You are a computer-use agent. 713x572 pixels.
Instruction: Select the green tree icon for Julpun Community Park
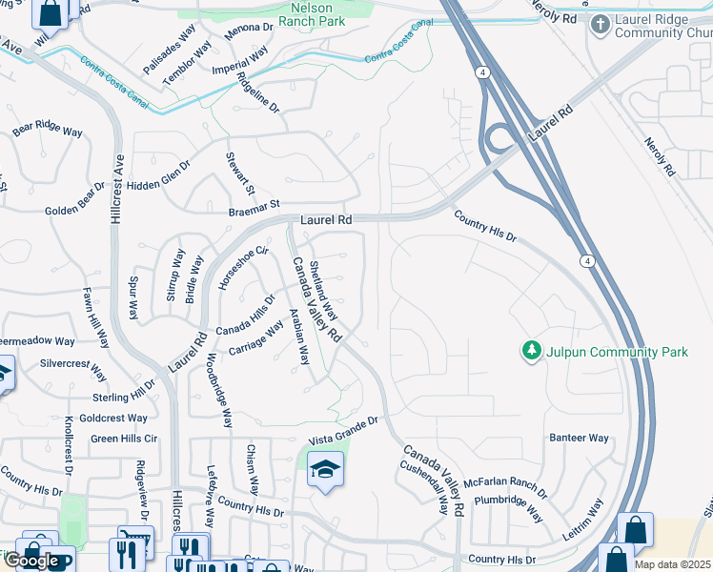click(x=531, y=352)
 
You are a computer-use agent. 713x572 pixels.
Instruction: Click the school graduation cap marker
click(x=326, y=470)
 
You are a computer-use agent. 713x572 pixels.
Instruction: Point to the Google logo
click(x=31, y=561)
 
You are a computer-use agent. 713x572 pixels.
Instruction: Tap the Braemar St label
click(x=253, y=204)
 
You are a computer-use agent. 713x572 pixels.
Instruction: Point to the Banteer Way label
click(x=578, y=438)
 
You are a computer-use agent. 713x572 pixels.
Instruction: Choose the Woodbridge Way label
click(x=220, y=390)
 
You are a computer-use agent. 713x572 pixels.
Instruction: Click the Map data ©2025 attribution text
click(x=673, y=564)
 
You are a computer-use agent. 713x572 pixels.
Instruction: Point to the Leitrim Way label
click(x=582, y=520)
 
